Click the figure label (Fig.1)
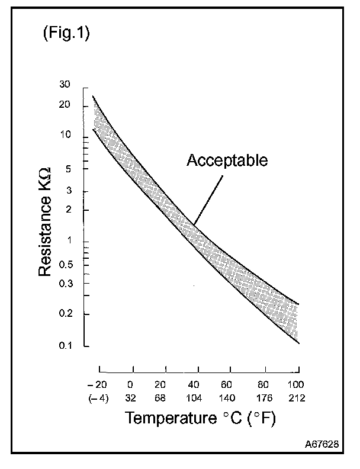pos(66,34)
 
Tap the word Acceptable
pos(227,160)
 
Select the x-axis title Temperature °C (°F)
pos(201,418)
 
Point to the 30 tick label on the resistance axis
pos(82,85)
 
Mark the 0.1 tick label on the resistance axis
pos(81,346)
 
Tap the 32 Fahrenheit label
pos(131,398)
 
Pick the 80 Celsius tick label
pos(263,384)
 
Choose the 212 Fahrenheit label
pos(296,398)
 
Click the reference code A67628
pos(322,444)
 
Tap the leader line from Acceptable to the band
pos(209,198)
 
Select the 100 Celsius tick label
pos(296,384)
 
